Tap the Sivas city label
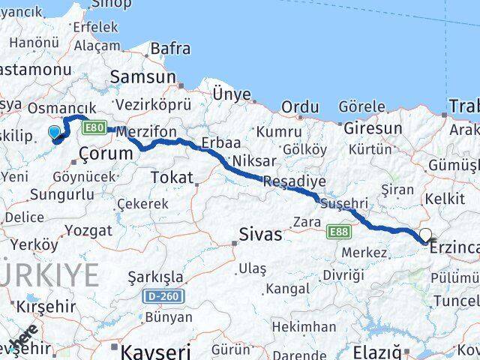(x=260, y=234)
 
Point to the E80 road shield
(x=94, y=128)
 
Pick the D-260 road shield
(x=162, y=297)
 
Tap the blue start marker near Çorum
(x=55, y=133)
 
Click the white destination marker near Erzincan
(x=426, y=235)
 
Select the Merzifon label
(x=147, y=133)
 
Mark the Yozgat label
(x=88, y=229)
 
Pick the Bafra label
(x=170, y=49)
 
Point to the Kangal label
(x=288, y=288)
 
